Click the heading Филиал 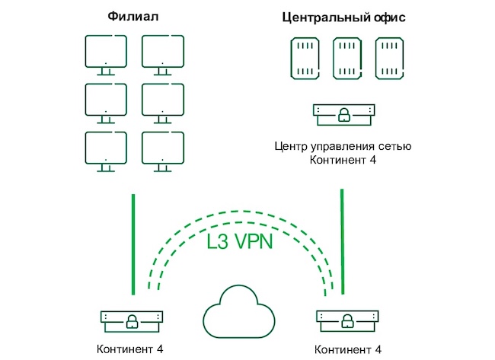133,17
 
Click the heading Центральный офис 343,17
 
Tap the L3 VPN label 240,242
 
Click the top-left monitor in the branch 105,56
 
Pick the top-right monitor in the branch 162,56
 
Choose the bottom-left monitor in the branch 105,150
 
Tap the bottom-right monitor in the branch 162,150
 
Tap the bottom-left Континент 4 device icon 133,320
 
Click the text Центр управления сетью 343,146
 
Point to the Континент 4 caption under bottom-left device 130,349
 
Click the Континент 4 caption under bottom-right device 348,349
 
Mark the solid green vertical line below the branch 133,244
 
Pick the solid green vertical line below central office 342,241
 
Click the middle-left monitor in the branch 105,102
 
